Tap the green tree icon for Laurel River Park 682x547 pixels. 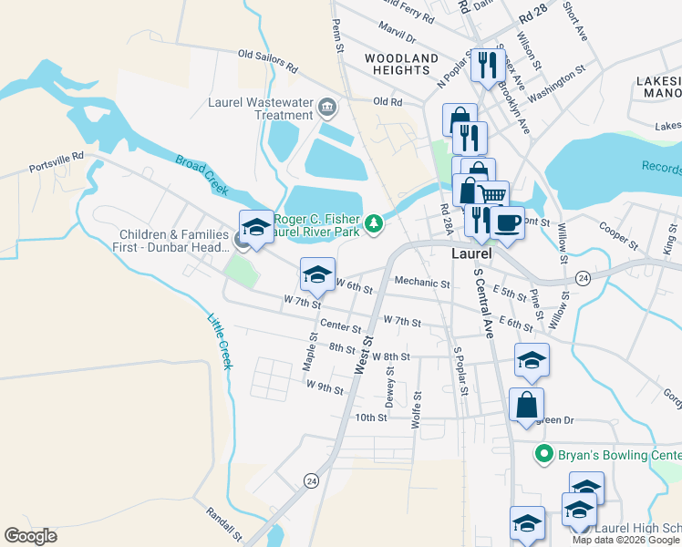pos(374,223)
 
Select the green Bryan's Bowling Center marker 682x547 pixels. pos(544,453)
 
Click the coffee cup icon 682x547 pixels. pos(507,222)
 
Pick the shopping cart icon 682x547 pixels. pos(492,195)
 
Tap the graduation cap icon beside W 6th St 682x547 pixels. pos(316,273)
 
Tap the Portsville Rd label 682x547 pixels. pos(57,169)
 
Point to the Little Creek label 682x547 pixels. pos(220,341)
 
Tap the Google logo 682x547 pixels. pos(31,535)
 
